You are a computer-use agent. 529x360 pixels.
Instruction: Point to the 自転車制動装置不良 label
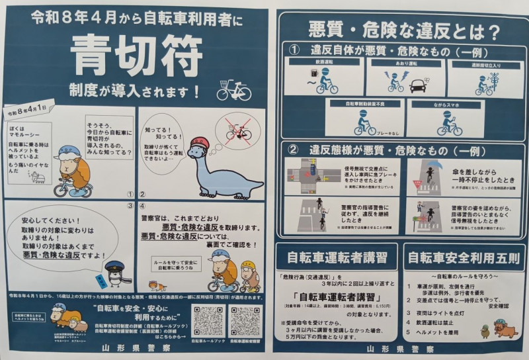(362, 104)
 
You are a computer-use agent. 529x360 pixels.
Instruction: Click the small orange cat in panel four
(157, 285)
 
